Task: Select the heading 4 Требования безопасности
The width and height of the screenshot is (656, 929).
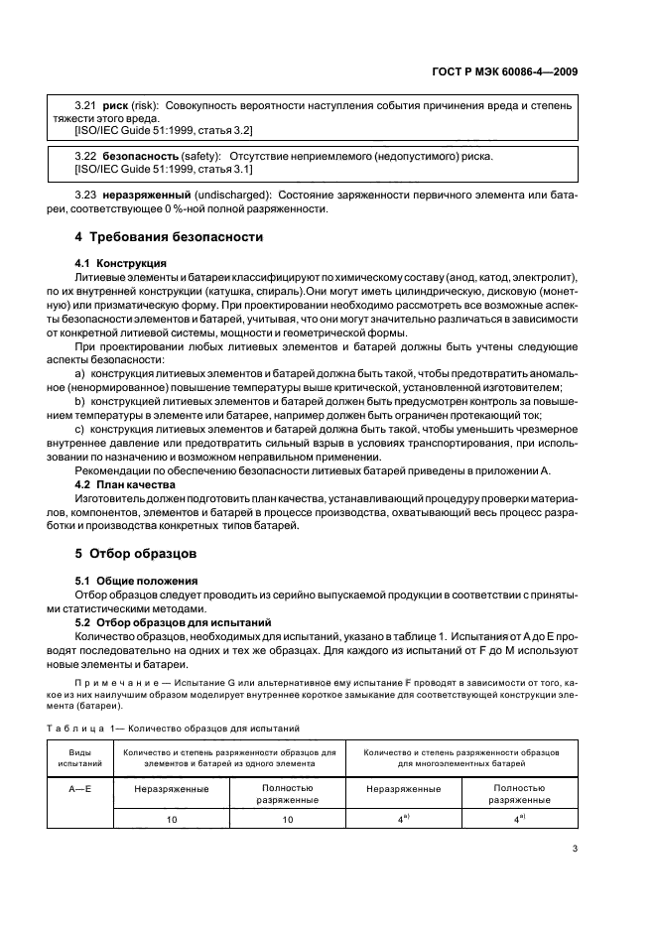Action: pyautogui.click(x=169, y=237)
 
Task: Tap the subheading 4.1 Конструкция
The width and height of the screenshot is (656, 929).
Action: pyautogui.click(x=120, y=262)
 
